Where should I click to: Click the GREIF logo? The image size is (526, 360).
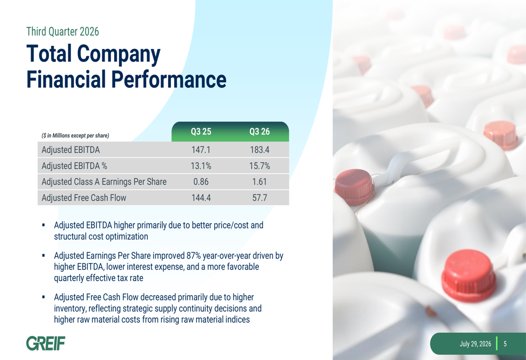tap(46, 343)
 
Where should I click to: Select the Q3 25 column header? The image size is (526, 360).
tap(201, 131)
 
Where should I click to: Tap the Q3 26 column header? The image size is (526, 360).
tap(259, 131)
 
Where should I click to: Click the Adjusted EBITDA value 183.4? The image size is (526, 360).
tap(259, 150)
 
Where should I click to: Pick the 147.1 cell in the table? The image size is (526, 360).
tap(201, 150)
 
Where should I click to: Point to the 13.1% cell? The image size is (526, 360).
tap(201, 166)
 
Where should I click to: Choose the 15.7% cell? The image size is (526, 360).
tap(259, 166)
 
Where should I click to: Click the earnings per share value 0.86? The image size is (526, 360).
tap(201, 182)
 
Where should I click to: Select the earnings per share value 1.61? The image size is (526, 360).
tap(259, 182)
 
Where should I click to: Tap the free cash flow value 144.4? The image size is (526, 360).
tap(201, 198)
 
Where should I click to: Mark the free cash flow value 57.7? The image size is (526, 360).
tap(260, 198)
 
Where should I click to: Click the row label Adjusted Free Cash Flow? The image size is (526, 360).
tap(84, 198)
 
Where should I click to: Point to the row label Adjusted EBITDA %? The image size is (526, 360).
tap(74, 166)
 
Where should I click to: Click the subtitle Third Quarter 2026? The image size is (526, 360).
tap(63, 32)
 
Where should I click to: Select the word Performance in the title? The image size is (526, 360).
tap(169, 79)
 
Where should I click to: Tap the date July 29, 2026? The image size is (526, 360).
tap(476, 344)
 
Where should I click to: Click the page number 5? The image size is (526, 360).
tap(505, 344)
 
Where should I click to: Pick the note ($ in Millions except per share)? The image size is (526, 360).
tap(75, 136)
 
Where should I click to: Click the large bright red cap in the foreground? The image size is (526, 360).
tap(468, 275)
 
